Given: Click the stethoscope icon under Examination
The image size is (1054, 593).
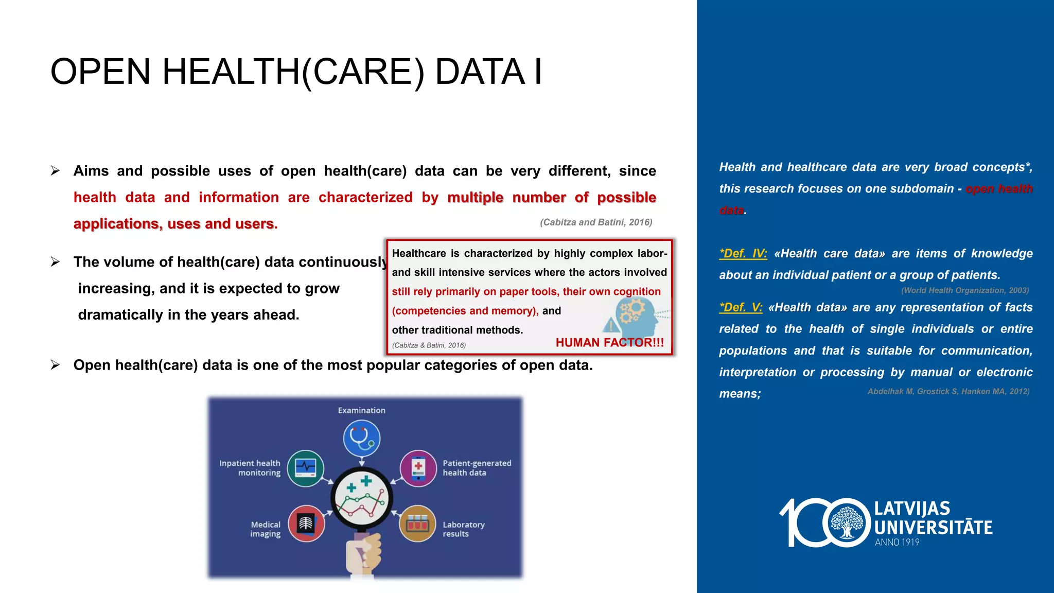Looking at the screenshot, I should (x=362, y=438).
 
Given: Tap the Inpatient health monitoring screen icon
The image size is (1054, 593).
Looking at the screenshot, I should (x=306, y=468).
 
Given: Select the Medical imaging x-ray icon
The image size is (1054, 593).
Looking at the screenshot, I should (x=306, y=524).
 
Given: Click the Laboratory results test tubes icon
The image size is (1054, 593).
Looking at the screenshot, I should (x=417, y=524).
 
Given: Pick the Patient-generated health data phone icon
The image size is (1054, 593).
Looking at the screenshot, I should (x=418, y=468).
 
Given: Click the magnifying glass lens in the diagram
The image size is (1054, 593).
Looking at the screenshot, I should (x=362, y=499).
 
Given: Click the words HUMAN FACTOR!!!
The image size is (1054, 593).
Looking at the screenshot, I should (x=609, y=343).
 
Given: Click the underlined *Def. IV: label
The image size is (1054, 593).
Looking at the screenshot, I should (x=743, y=254).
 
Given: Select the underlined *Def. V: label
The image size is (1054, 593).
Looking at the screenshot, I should (x=741, y=307).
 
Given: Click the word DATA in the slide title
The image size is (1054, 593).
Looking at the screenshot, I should (x=480, y=72).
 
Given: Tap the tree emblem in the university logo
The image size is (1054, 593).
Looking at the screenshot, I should (x=847, y=522).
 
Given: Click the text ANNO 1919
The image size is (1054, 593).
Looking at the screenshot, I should (x=897, y=542).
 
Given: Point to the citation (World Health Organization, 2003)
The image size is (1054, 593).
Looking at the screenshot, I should (x=964, y=290).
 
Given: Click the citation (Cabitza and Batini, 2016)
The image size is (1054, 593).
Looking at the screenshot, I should (x=596, y=222).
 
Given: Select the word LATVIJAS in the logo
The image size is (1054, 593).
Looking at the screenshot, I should (x=912, y=509).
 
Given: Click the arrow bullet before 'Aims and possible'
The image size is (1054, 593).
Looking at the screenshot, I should (x=56, y=171).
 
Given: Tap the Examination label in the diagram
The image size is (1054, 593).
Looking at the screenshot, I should (x=361, y=410).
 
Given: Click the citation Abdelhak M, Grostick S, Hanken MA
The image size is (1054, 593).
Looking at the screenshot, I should (x=948, y=391).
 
